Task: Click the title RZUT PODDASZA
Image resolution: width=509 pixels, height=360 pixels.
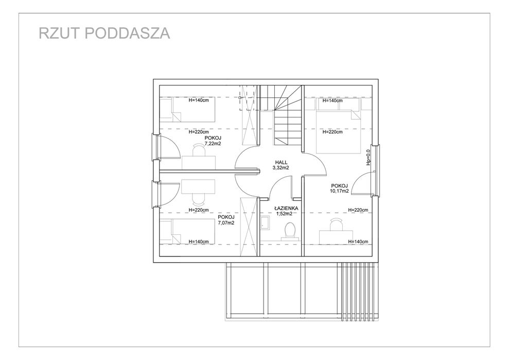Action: pyautogui.click(x=104, y=33)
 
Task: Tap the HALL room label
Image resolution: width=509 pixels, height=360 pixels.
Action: pyautogui.click(x=280, y=162)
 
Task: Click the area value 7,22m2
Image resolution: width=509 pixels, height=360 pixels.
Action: pyautogui.click(x=213, y=144)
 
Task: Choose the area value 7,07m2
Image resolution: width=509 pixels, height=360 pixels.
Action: pyautogui.click(x=226, y=223)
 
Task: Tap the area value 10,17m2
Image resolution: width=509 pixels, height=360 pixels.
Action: pyautogui.click(x=339, y=191)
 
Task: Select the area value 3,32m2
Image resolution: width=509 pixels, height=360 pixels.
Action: pyautogui.click(x=281, y=168)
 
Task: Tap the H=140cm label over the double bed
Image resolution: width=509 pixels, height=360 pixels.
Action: pyautogui.click(x=332, y=101)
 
